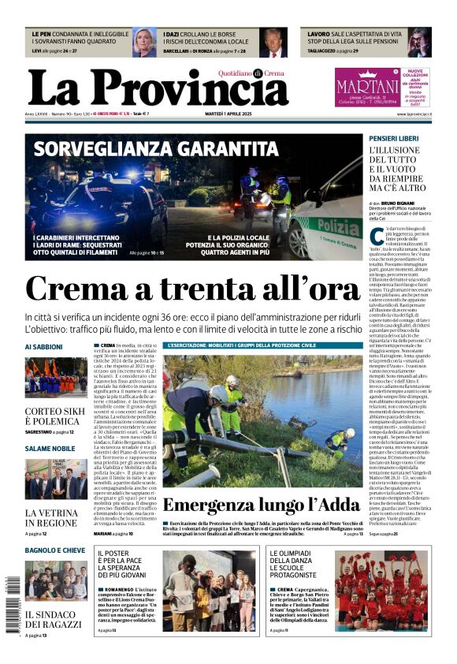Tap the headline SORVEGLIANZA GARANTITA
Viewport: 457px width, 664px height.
coord(155,150)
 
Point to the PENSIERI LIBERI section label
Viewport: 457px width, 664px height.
coord(394,139)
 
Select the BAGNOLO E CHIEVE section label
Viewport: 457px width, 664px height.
coord(54,550)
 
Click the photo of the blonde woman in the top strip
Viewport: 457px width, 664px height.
coord(144,42)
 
